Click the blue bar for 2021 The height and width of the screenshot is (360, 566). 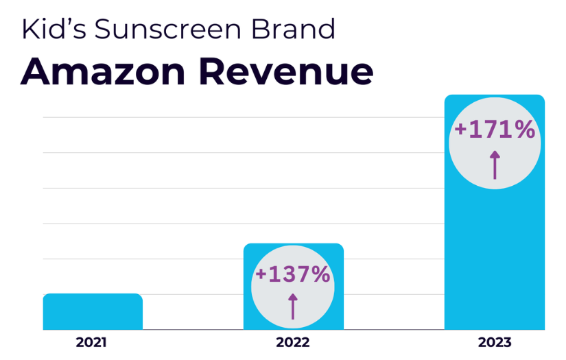(93, 312)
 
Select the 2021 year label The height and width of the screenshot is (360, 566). (91, 342)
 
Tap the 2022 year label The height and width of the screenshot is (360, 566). (293, 342)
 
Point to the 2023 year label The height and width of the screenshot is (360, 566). (495, 342)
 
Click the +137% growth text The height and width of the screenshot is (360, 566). (293, 275)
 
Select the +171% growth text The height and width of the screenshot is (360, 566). (495, 130)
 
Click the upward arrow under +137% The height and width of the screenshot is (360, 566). (293, 306)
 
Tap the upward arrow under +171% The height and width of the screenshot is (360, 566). (495, 165)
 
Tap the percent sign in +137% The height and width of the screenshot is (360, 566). (319, 275)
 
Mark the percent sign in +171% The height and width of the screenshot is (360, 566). (523, 130)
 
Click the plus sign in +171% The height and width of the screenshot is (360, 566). (460, 130)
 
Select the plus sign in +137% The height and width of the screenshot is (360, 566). (261, 276)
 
